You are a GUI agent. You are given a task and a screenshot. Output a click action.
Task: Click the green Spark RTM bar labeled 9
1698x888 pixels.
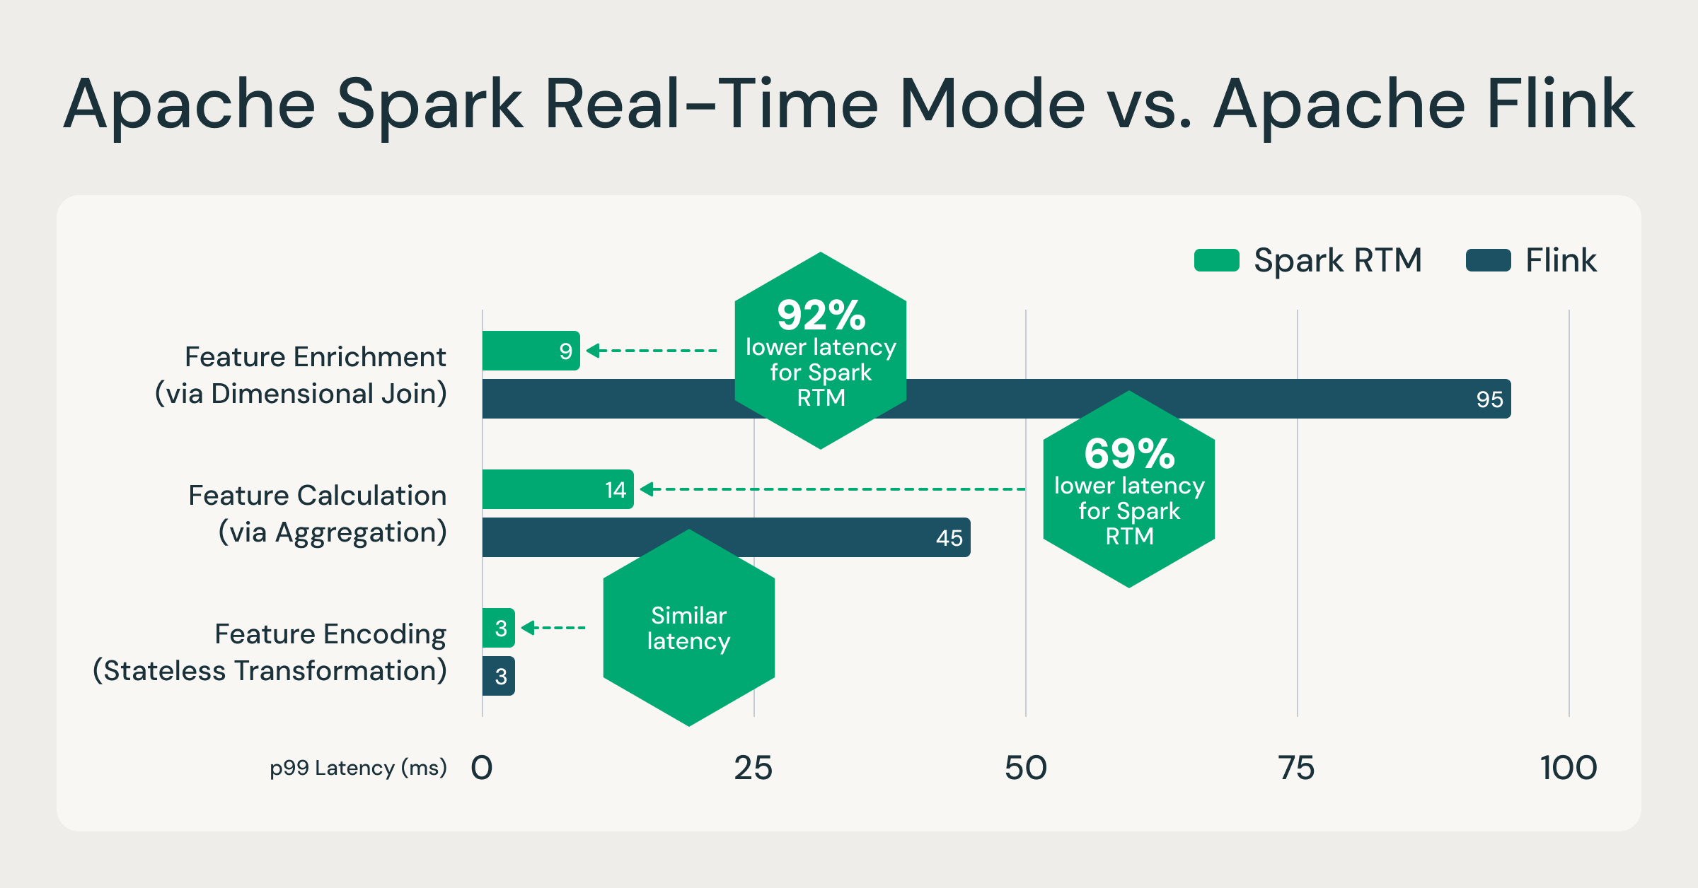pos(531,351)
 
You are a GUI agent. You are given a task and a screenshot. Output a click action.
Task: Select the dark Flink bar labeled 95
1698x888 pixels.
pos(1203,399)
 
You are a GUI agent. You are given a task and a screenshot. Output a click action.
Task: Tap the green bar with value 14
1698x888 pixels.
pos(558,489)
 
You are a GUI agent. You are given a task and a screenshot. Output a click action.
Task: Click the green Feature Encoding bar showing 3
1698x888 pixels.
pos(499,628)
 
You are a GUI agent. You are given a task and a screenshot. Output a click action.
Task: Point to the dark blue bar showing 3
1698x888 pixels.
pos(499,676)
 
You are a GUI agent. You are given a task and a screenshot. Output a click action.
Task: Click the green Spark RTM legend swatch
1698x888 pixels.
pos(1216,260)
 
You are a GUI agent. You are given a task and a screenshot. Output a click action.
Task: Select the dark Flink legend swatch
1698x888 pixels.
pos(1488,260)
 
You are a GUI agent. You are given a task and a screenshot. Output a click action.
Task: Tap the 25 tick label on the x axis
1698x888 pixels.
pos(753,768)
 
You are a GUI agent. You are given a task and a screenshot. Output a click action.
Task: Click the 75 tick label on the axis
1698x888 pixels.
pos(1297,768)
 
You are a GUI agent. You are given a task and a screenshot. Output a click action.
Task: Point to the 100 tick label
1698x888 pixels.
pos(1569,768)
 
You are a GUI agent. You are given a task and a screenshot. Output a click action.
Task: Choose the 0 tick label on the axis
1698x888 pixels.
pos(482,768)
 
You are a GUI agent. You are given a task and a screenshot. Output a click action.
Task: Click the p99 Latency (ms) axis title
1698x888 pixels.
pos(358,768)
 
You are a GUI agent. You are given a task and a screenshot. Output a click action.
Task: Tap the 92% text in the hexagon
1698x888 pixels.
pos(821,315)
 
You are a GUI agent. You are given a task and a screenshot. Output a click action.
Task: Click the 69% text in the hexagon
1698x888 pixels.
pos(1129,454)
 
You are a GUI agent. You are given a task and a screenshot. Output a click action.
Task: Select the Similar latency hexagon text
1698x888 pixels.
pos(688,628)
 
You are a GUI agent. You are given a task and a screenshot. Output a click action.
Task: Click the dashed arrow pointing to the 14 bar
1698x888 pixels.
pos(835,489)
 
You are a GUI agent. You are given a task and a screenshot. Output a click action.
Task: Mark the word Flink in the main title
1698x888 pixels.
pos(1561,105)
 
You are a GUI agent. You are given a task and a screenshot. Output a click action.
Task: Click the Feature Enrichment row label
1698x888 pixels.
pos(315,357)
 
